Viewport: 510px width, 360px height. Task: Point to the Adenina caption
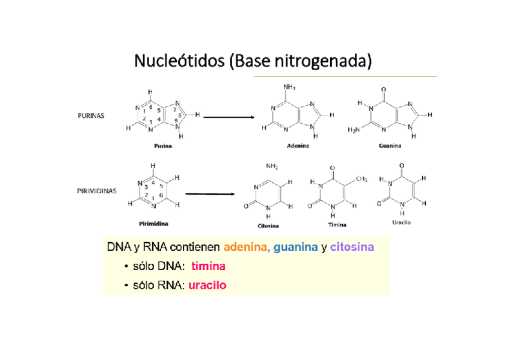[298, 146]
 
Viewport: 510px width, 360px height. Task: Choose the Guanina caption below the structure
[390, 145]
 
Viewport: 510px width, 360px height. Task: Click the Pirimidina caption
[154, 224]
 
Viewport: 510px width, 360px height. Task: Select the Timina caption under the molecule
[337, 225]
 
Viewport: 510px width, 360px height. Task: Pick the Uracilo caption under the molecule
[401, 223]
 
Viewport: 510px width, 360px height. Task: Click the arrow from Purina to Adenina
[229, 118]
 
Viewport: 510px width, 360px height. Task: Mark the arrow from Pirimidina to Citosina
[210, 194]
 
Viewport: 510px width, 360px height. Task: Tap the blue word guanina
[295, 247]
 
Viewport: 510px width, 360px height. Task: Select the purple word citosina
[352, 247]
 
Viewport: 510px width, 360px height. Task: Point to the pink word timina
[208, 266]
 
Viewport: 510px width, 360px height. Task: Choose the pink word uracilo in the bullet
[207, 285]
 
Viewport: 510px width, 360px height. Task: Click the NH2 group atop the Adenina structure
[289, 87]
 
